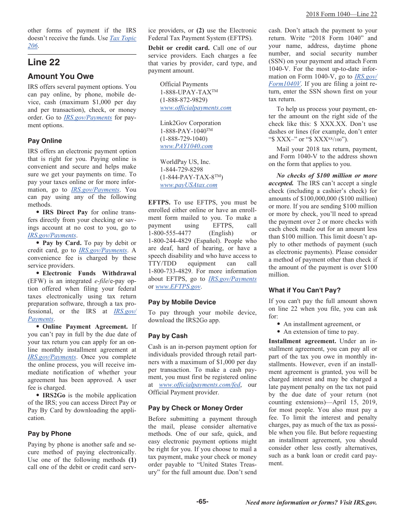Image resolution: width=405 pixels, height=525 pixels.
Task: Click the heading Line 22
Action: (44, 62)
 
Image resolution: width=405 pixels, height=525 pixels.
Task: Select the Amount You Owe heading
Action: (61, 76)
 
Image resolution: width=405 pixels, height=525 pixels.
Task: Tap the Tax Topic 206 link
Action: (123, 38)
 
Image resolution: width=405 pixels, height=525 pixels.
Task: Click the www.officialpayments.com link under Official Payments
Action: (196, 108)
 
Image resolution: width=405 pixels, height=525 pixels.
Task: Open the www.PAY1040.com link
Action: (186, 146)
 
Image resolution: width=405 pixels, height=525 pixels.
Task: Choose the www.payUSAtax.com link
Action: (188, 185)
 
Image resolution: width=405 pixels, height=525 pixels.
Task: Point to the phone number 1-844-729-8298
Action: (182, 170)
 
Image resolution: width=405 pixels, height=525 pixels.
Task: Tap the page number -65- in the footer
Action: (202, 502)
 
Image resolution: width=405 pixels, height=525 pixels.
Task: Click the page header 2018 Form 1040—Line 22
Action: (341, 15)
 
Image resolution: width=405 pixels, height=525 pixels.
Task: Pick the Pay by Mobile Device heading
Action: (182, 302)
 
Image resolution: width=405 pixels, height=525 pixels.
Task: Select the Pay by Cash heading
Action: (168, 336)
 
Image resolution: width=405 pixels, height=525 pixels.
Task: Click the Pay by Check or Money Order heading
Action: (195, 408)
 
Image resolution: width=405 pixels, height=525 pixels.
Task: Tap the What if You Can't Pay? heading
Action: (304, 290)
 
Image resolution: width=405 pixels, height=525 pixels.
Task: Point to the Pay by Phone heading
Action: (49, 434)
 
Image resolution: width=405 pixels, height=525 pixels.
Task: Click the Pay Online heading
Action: (45, 141)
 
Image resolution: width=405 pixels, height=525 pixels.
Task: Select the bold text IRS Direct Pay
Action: (65, 213)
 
